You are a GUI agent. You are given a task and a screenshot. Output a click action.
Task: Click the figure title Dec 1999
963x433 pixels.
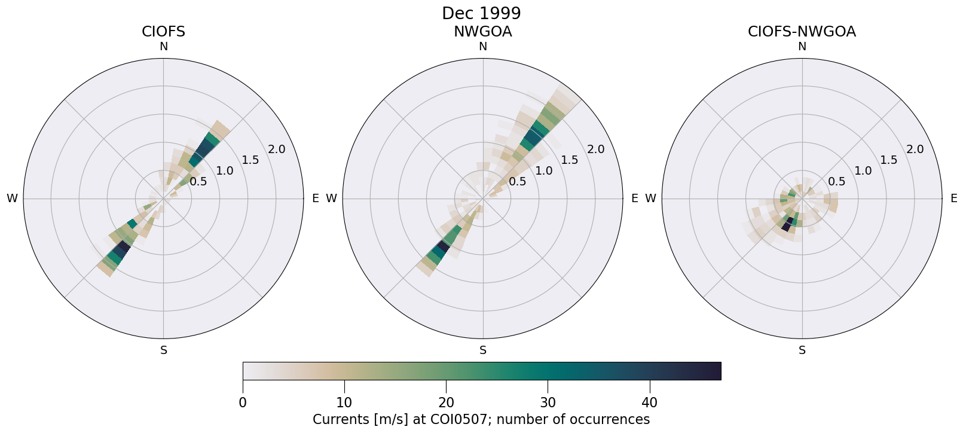click(x=481, y=13)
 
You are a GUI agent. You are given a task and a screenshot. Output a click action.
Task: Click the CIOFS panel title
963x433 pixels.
click(x=163, y=32)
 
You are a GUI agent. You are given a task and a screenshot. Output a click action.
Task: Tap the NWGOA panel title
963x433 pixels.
click(x=482, y=32)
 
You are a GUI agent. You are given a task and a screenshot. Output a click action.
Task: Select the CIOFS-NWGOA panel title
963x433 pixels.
click(x=802, y=32)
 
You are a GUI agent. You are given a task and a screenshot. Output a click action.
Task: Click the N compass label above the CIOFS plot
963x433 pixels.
click(x=163, y=47)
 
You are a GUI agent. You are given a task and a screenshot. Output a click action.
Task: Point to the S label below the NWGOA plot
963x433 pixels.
click(x=483, y=350)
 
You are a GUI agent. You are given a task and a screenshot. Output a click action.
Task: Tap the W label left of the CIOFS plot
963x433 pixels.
click(x=12, y=199)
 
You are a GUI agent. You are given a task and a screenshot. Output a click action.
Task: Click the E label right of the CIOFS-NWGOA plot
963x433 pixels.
click(x=954, y=199)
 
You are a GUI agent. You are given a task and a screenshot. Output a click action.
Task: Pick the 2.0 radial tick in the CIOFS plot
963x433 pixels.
click(x=277, y=150)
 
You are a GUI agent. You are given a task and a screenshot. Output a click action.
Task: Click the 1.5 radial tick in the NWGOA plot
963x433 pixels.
click(x=570, y=160)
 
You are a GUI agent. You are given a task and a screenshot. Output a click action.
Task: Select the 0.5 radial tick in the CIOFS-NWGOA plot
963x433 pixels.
click(x=836, y=181)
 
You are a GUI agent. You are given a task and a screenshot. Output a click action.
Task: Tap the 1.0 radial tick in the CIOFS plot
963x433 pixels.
click(x=225, y=171)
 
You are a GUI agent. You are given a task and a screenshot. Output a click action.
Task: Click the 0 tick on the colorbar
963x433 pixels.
click(x=243, y=402)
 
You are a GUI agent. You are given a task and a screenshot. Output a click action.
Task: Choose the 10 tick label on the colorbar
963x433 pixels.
click(x=344, y=402)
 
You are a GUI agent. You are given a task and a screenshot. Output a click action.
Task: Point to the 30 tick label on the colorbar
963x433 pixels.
click(x=548, y=402)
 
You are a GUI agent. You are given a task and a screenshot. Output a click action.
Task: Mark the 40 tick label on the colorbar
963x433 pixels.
click(x=649, y=402)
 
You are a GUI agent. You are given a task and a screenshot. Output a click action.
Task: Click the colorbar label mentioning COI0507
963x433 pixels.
click(x=481, y=419)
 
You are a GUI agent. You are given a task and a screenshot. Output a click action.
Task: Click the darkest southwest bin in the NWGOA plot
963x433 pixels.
click(x=444, y=246)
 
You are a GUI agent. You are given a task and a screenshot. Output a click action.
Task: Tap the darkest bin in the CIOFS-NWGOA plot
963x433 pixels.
click(x=787, y=225)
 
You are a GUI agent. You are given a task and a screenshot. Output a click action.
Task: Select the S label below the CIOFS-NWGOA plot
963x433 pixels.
click(x=802, y=350)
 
